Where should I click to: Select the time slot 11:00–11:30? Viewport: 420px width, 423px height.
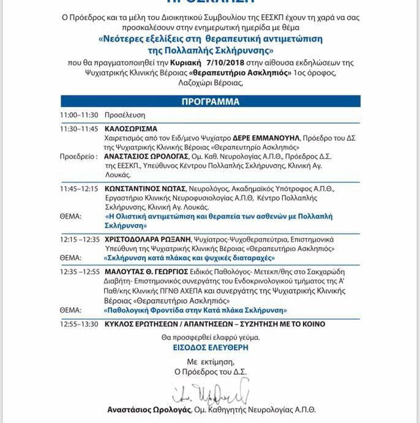(79, 115)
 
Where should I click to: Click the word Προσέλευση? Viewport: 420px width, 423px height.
(124, 115)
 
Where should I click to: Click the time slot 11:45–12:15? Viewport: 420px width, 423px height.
(79, 189)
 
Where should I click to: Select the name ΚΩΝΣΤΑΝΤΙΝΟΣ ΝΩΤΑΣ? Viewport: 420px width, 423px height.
(144, 189)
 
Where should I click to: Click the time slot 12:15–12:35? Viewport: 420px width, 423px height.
(80, 239)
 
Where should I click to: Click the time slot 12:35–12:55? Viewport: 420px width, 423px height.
(80, 272)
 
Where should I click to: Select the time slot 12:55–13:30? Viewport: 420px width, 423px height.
(79, 324)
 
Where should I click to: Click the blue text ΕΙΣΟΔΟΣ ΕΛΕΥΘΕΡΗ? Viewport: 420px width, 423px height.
(210, 346)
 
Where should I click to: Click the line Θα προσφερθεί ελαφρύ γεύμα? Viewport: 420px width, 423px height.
(210, 337)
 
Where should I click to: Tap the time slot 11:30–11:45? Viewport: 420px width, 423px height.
(79, 129)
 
